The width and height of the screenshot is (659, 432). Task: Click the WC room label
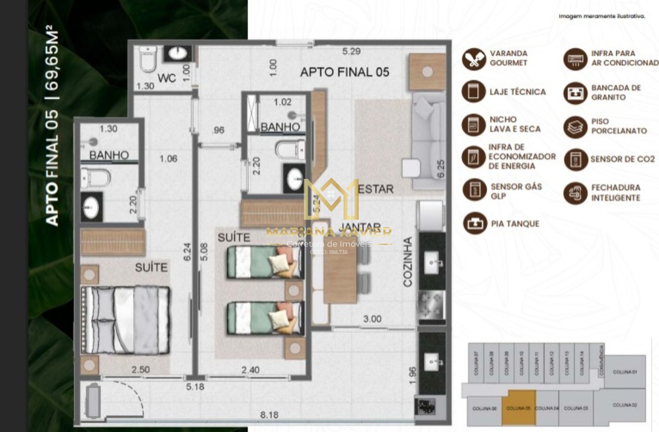coord(166,78)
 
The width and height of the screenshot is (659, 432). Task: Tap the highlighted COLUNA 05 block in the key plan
coord(518,408)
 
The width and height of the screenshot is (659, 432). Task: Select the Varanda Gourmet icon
coord(473,59)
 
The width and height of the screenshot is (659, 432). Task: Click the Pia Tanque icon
coord(473,223)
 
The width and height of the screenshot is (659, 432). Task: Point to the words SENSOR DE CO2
coord(622,159)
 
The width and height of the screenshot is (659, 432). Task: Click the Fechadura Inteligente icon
coord(576,193)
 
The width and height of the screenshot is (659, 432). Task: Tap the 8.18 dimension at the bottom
coord(269,416)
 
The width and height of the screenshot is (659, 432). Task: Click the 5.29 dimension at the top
coord(351,52)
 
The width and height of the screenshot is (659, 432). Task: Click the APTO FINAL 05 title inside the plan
coord(344,72)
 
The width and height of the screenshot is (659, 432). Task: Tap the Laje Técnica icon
coord(473,92)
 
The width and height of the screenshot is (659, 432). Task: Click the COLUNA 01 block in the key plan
coord(626,372)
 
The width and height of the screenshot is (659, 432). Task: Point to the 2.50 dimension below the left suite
coord(141,370)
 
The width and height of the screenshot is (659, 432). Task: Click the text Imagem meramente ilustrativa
coord(601,16)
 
